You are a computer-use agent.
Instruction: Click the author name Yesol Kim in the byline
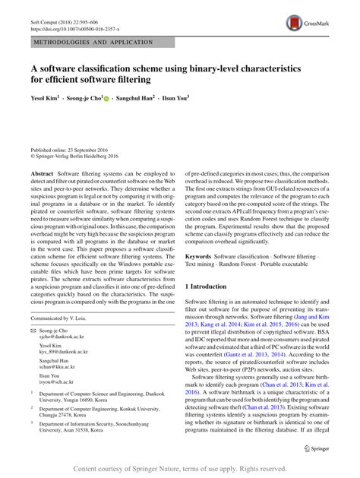pyautogui.click(x=46, y=98)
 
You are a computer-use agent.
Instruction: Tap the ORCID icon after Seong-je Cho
pyautogui.click(x=106, y=98)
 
